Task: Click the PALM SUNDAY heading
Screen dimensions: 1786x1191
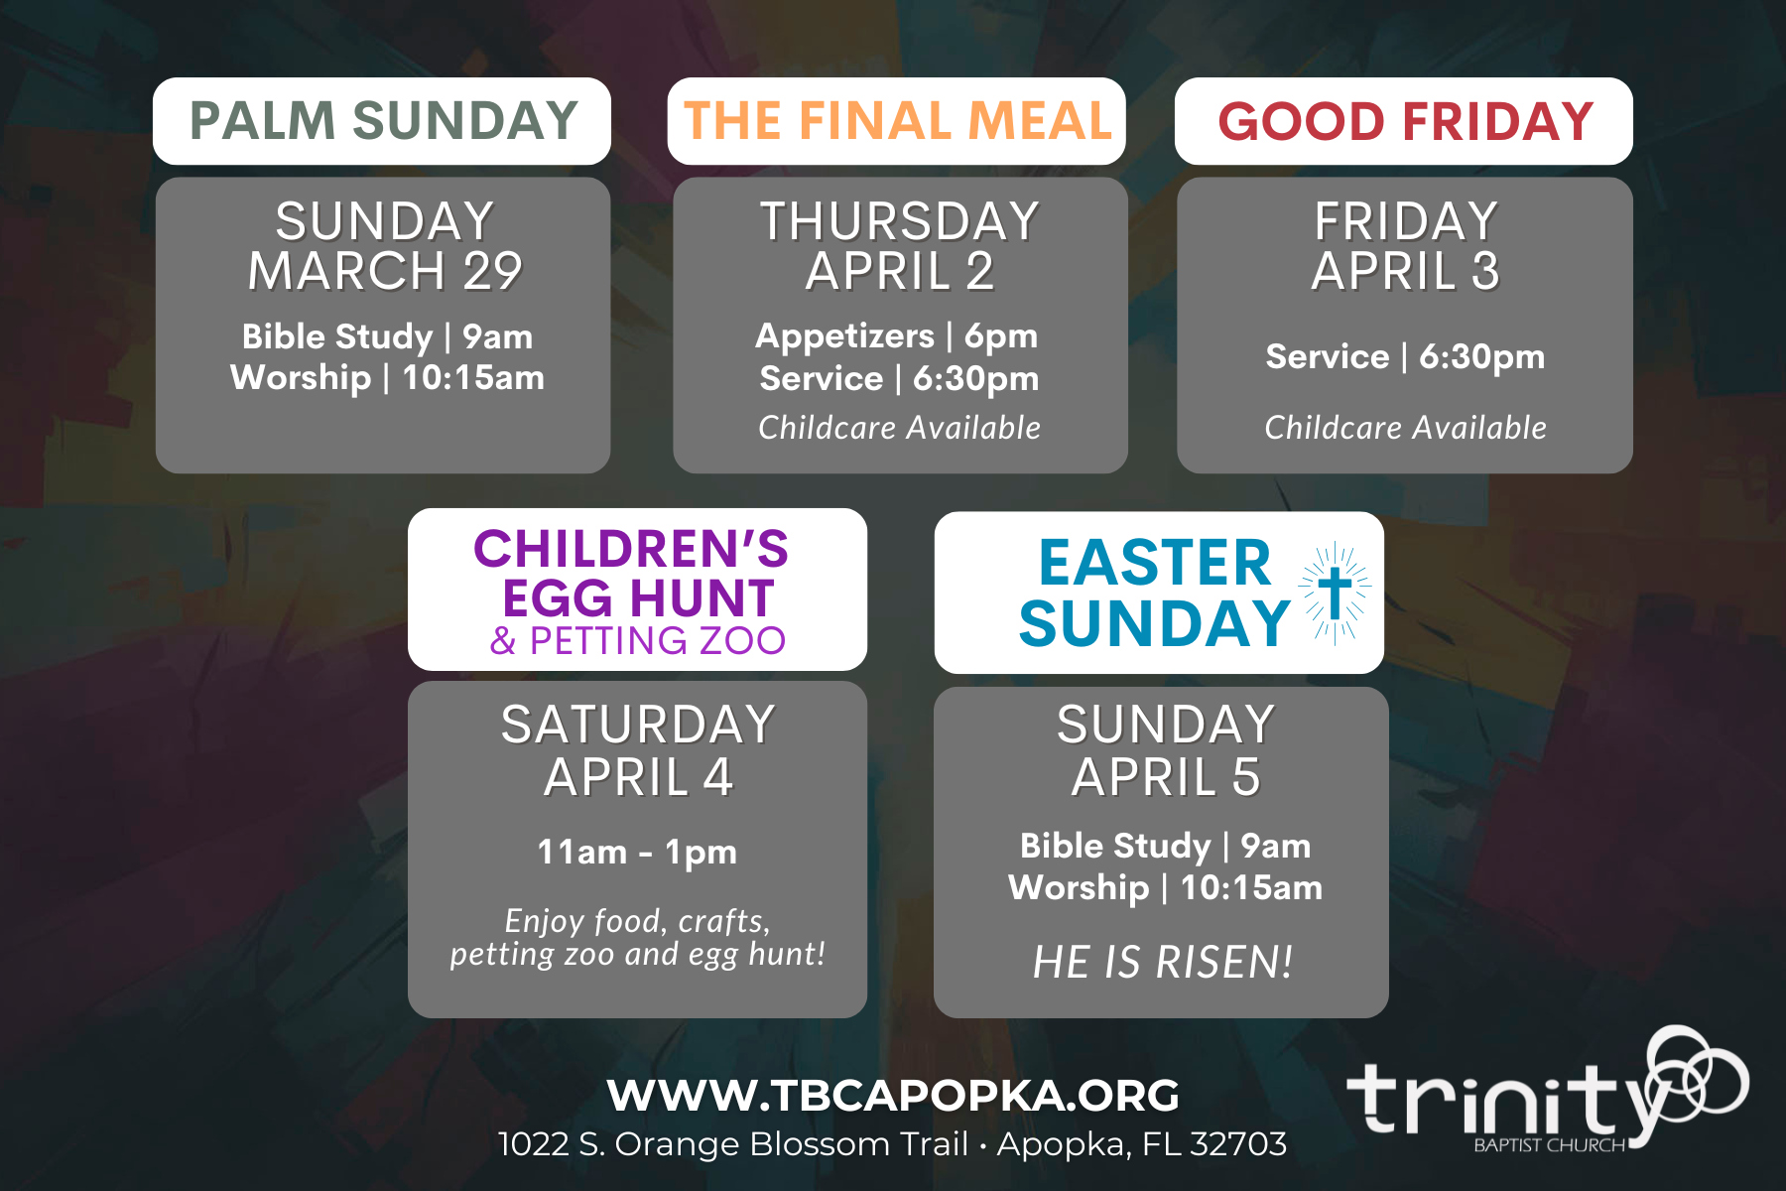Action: pyautogui.click(x=383, y=121)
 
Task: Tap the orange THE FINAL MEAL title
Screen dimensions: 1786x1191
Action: pyautogui.click(x=897, y=121)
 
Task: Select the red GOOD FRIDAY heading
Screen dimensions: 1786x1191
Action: pyautogui.click(x=1405, y=121)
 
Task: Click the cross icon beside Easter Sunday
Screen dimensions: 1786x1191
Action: pyautogui.click(x=1336, y=593)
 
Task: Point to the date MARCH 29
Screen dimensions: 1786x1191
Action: pyautogui.click(x=385, y=271)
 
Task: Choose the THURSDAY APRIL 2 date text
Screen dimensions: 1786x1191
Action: pyautogui.click(x=899, y=245)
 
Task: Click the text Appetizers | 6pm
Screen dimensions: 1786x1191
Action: pyautogui.click(x=897, y=336)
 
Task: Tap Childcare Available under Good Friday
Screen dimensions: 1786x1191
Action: pyautogui.click(x=1405, y=428)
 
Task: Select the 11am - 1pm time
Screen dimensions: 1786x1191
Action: pyautogui.click(x=637, y=852)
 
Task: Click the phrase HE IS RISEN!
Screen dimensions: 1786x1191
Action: pyautogui.click(x=1163, y=962)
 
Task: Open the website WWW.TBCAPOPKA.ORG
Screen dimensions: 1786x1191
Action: pyautogui.click(x=893, y=1096)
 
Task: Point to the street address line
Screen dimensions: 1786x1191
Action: pyautogui.click(x=892, y=1144)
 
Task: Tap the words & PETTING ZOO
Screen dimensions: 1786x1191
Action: pyautogui.click(x=637, y=641)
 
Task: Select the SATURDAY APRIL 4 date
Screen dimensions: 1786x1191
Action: pyautogui.click(x=637, y=750)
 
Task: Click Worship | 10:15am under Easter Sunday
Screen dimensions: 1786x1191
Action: pyautogui.click(x=1165, y=887)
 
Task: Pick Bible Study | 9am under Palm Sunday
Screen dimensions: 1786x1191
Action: pyautogui.click(x=387, y=336)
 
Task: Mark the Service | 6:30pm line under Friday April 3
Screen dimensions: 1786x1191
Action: pyautogui.click(x=1405, y=356)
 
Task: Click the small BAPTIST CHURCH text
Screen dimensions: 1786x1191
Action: pyautogui.click(x=1550, y=1145)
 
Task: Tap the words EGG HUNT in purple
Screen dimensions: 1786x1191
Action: pyautogui.click(x=637, y=598)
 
